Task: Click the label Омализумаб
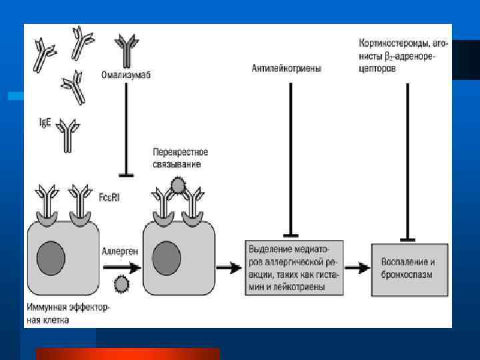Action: (x=127, y=75)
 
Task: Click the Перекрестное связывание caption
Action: (x=176, y=157)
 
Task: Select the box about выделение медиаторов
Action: (x=294, y=267)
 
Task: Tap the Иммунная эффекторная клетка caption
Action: (x=67, y=313)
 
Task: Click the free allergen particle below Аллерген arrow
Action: (x=121, y=285)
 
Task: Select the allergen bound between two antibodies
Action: (x=177, y=184)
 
